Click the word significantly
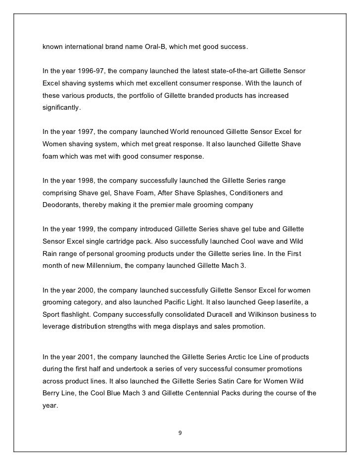[x=60, y=107]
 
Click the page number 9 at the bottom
[x=180, y=433]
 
